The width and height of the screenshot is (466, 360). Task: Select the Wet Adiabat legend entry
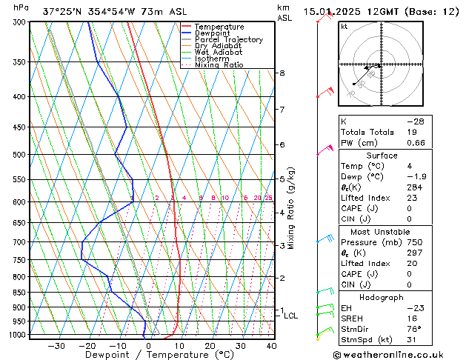pos(219,52)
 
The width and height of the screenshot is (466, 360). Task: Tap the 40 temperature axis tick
pos(271,345)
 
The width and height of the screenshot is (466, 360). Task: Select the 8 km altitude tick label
pos(282,73)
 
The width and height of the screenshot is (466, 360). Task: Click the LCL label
pos(291,316)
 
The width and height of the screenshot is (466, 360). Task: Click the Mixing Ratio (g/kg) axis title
pos(292,208)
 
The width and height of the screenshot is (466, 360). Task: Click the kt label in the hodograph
pos(344,27)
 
